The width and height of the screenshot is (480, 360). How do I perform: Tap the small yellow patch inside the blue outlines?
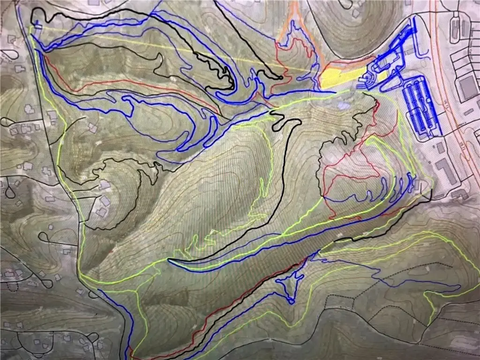point(382,75)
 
